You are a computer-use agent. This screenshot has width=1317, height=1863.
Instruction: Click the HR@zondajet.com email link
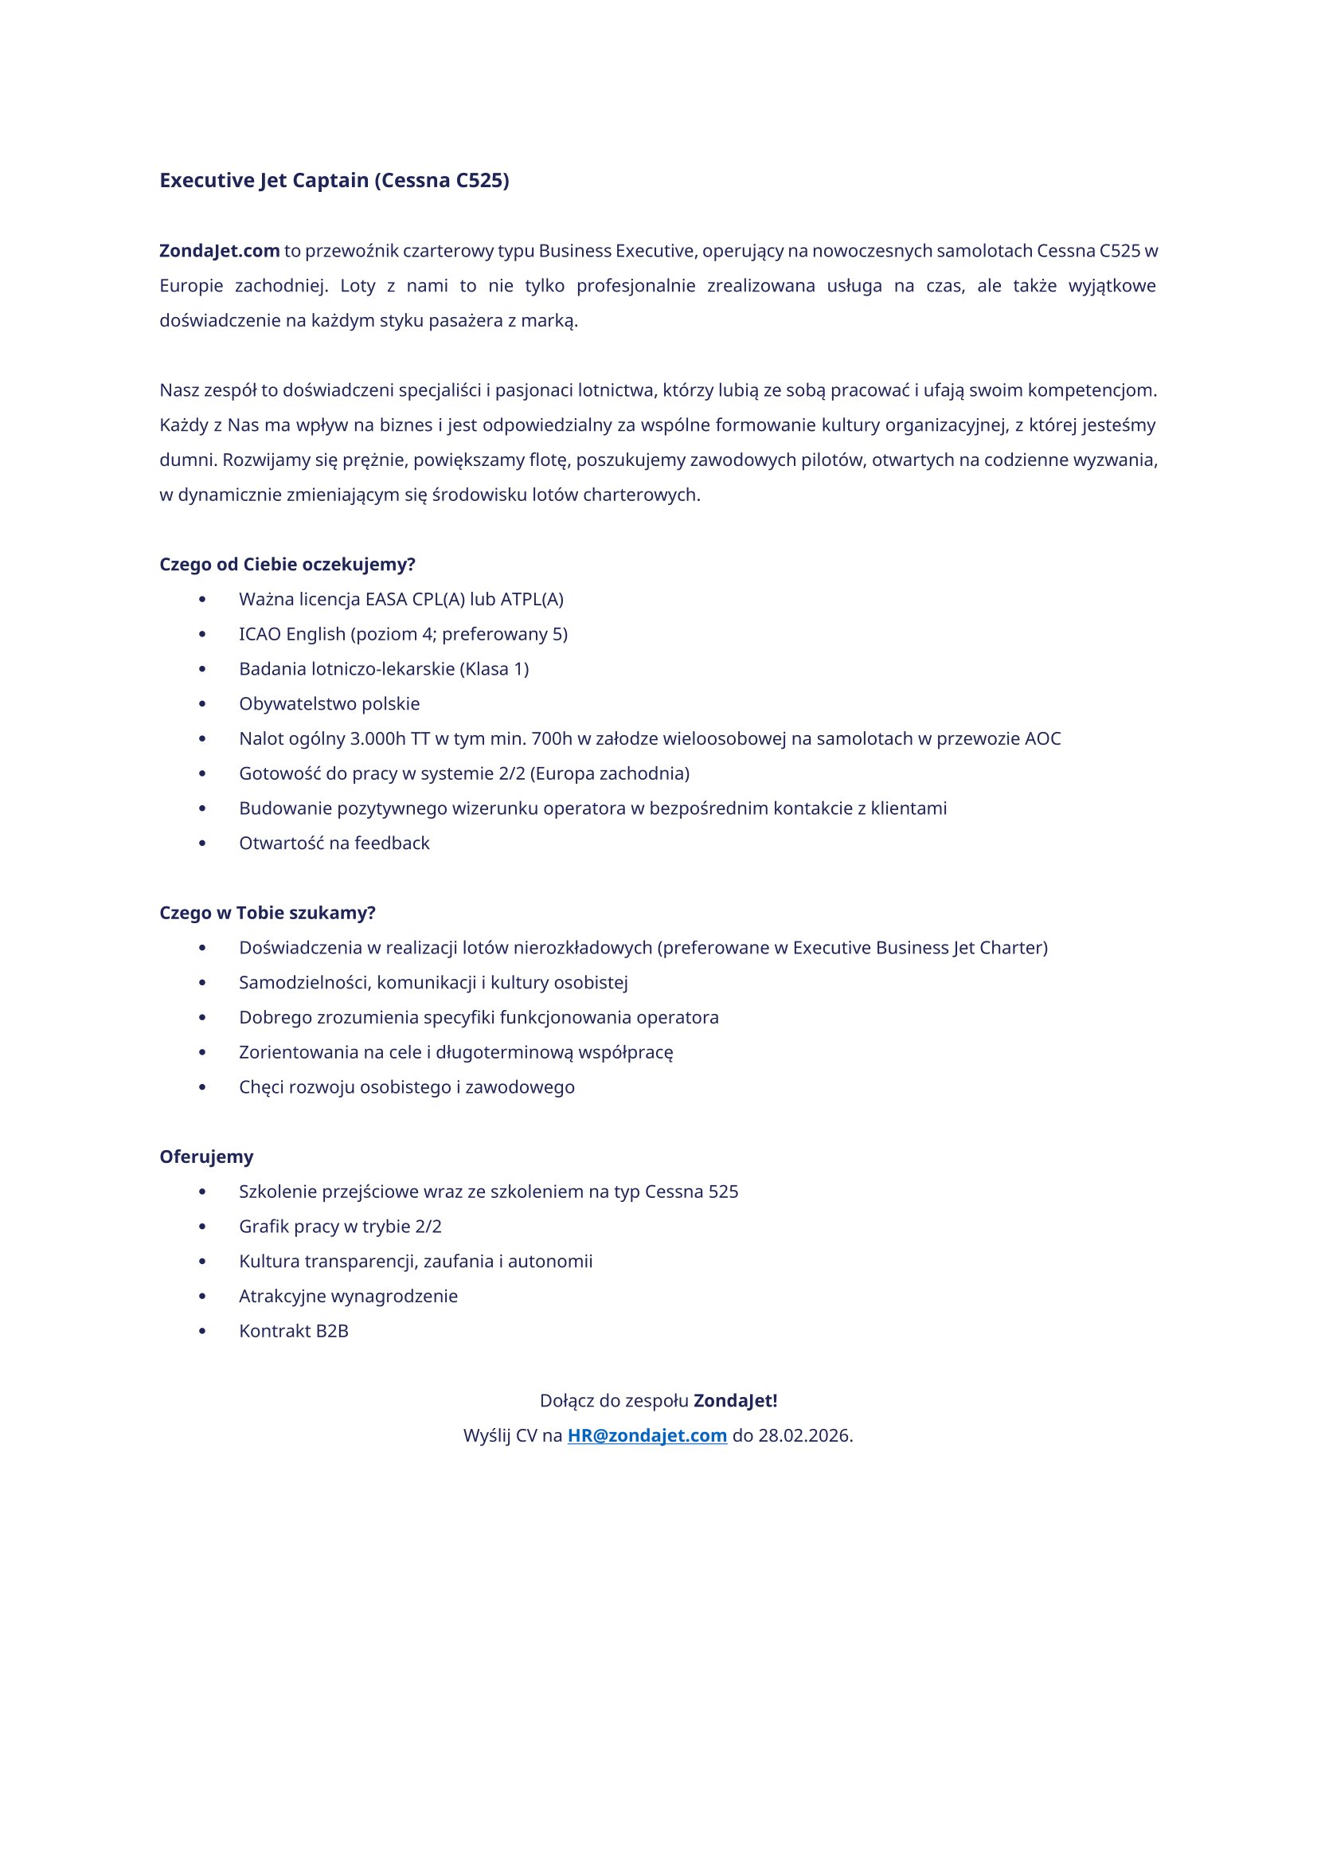click(647, 1458)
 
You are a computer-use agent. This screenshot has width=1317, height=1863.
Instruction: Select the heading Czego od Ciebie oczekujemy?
click(287, 564)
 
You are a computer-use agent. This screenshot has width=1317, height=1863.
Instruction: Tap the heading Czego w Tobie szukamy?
click(267, 913)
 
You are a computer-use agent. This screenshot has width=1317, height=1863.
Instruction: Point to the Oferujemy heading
click(206, 1157)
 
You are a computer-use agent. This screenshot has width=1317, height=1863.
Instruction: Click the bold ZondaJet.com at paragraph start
click(219, 251)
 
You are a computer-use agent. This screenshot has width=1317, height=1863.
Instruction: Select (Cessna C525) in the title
click(442, 180)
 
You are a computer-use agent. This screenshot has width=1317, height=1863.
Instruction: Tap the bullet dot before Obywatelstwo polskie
click(202, 703)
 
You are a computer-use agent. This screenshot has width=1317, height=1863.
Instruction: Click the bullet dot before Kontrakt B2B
click(202, 1331)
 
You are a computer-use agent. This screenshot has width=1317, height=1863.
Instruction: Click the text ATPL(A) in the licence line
click(531, 599)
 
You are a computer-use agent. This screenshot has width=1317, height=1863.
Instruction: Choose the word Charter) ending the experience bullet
click(1014, 948)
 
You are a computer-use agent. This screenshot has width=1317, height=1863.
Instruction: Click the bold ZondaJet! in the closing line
click(735, 1423)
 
